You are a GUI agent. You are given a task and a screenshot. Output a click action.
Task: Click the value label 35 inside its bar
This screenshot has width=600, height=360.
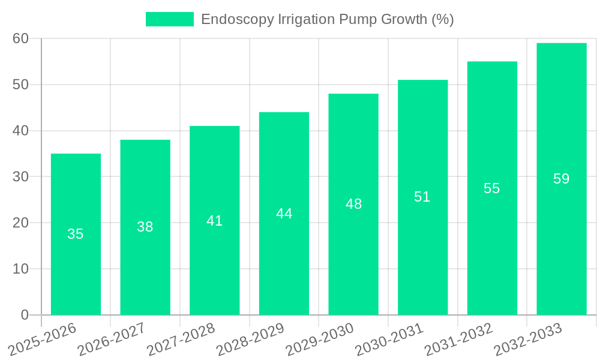[76, 234]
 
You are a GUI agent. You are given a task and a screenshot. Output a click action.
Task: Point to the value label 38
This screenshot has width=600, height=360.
[145, 227]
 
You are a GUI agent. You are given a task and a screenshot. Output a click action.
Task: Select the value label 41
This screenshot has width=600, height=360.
[214, 221]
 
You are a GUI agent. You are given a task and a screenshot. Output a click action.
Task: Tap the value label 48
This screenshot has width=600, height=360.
[353, 204]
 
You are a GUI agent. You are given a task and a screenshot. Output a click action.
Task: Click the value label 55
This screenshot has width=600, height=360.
[492, 188]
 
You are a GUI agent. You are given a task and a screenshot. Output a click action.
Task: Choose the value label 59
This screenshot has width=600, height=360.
[561, 179]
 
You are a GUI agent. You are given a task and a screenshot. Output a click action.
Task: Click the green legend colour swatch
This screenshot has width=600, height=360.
[170, 19]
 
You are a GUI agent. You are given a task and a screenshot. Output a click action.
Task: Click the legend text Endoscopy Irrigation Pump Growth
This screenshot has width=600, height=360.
[327, 19]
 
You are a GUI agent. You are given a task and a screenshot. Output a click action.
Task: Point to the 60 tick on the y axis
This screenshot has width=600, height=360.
[20, 38]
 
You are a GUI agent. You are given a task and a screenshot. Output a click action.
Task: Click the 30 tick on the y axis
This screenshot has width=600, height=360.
[20, 176]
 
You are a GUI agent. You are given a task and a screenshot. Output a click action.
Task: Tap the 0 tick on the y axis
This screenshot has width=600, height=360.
[25, 314]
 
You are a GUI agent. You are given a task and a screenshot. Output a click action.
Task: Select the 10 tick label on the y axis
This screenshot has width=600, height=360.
[20, 269]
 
